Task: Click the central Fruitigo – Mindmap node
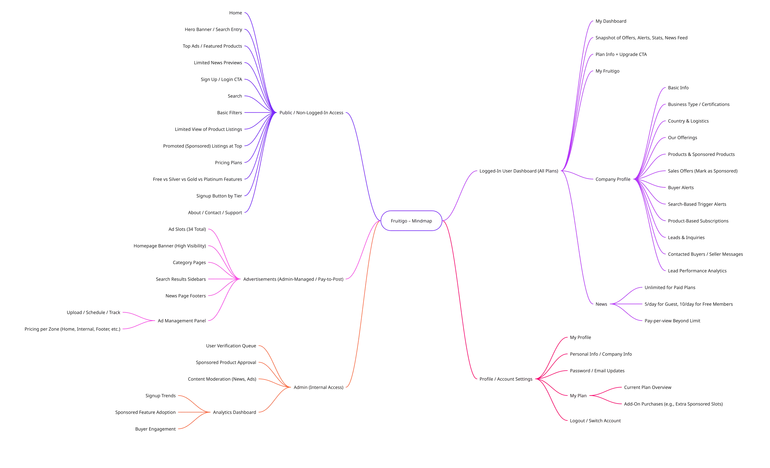tap(411, 221)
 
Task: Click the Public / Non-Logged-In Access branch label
tap(311, 113)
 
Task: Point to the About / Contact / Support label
tap(215, 213)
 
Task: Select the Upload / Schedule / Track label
tap(94, 313)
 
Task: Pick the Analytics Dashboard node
tap(234, 412)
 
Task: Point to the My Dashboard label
tap(610, 21)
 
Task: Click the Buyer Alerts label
tap(681, 188)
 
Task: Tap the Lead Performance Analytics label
tap(697, 271)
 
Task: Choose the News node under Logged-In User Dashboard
tap(601, 304)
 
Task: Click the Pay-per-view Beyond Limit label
tap(672, 321)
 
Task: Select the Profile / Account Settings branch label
tap(506, 379)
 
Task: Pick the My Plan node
tap(578, 396)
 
